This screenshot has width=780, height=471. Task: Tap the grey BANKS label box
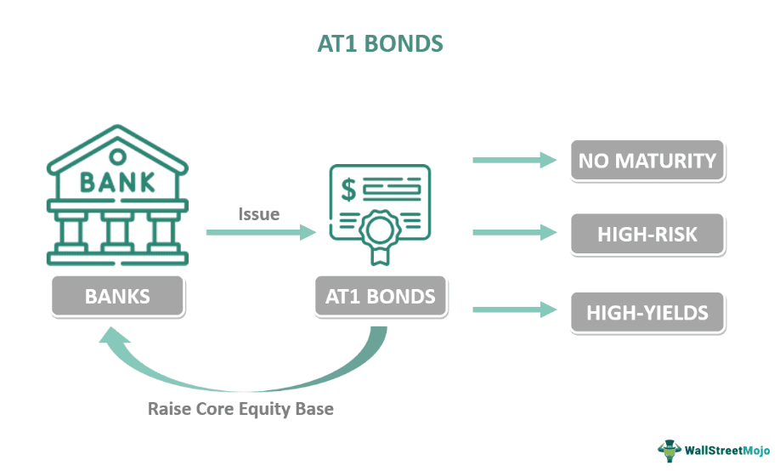[117, 297]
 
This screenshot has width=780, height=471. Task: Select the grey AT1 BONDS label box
[380, 297]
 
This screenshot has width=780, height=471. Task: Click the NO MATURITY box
[647, 161]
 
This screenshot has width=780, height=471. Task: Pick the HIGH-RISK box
[647, 235]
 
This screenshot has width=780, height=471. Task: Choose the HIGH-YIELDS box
[647, 312]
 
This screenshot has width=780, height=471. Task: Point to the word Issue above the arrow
[259, 214]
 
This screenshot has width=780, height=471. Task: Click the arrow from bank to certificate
[260, 232]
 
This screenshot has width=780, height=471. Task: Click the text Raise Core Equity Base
[240, 409]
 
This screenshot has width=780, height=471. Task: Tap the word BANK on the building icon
[117, 181]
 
